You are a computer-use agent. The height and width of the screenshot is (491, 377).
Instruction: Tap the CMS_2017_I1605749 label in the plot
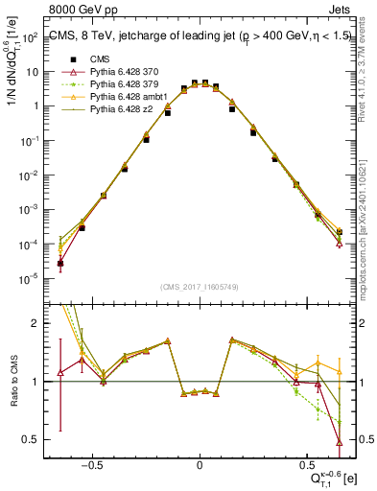(200, 287)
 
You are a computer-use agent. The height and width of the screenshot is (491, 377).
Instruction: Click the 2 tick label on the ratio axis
(35, 323)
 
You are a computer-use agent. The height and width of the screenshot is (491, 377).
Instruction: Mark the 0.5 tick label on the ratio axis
(30, 440)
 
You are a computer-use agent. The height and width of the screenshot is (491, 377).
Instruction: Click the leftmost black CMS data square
(60, 263)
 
